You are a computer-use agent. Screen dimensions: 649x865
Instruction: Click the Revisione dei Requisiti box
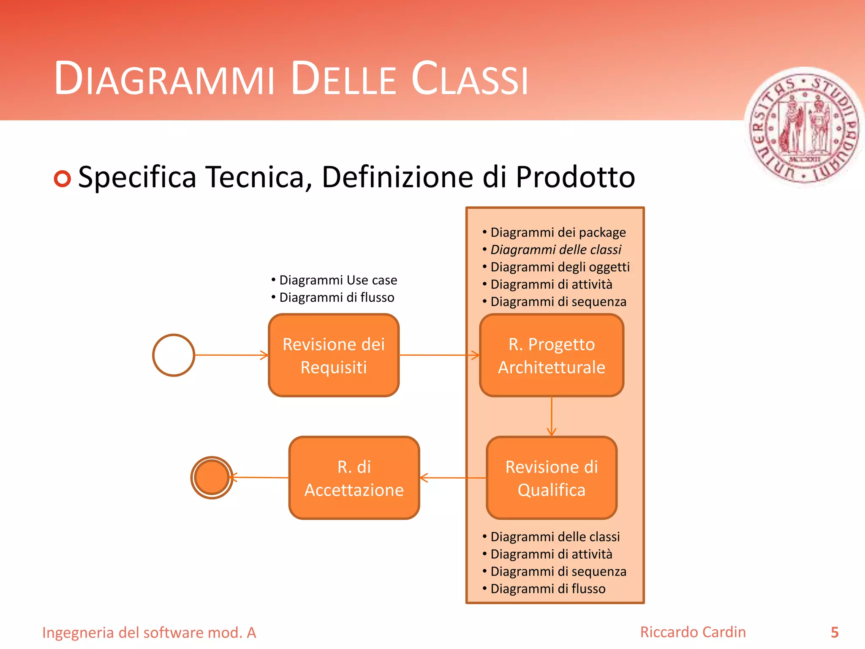(334, 355)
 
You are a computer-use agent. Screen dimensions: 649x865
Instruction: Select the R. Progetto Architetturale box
(552, 355)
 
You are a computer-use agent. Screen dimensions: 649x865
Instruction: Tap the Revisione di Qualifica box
(552, 478)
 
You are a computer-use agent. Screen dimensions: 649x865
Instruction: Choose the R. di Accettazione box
(354, 478)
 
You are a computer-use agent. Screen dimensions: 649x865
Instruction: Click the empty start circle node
(174, 355)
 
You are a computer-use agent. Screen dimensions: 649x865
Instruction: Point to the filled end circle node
(212, 477)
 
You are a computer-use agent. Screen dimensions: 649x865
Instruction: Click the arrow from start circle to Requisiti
(231, 355)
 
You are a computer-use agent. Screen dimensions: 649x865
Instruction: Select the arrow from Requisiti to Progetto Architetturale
(439, 355)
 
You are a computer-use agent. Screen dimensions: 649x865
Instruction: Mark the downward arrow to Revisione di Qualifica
(552, 416)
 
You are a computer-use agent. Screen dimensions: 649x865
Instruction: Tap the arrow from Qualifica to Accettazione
(453, 478)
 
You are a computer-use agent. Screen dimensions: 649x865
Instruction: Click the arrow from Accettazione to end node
(260, 477)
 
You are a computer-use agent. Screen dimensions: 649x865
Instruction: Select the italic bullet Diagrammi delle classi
(555, 250)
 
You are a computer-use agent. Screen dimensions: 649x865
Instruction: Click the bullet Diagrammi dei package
(558, 232)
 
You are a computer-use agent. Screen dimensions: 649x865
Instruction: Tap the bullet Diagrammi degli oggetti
(560, 267)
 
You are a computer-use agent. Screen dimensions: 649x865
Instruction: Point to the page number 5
(835, 632)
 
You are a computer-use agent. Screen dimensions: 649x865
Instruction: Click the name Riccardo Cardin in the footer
(693, 632)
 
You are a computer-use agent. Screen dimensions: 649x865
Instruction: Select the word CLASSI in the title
(470, 79)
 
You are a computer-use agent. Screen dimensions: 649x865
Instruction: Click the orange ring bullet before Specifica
(63, 179)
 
